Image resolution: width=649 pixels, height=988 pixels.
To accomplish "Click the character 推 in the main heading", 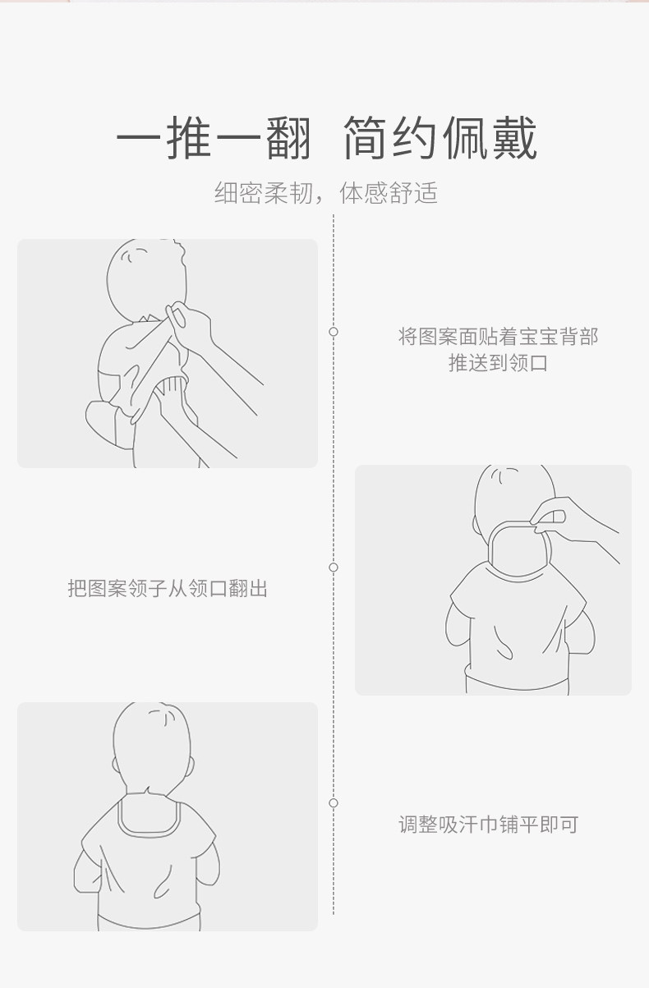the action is tap(189, 138).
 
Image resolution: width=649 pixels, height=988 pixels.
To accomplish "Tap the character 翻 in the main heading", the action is tap(288, 138).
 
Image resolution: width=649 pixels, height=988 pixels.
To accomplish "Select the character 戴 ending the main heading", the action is tap(514, 138).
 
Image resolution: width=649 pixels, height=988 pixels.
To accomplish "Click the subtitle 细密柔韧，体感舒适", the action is tap(326, 193).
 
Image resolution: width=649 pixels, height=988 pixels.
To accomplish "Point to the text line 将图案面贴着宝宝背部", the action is tap(498, 337).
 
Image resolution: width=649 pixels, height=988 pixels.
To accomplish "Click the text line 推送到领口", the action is tap(498, 363).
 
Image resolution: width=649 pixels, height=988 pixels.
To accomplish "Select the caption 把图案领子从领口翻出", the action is tap(168, 588).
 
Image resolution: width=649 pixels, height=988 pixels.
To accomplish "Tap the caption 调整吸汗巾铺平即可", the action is tap(489, 825).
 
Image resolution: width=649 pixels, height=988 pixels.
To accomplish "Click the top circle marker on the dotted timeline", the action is tap(334, 332).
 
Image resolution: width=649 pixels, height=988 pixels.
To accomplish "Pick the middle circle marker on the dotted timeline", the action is tap(334, 568).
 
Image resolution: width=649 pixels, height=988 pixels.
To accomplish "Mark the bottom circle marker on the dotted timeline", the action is tap(334, 803).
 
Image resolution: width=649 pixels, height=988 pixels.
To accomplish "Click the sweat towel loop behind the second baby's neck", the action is tap(489, 547).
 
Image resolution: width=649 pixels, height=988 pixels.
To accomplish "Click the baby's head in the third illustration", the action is tap(152, 749).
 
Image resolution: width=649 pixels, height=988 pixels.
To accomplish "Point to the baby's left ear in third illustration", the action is tap(115, 765).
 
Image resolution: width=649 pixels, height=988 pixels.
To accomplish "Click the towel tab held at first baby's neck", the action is tap(176, 315).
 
